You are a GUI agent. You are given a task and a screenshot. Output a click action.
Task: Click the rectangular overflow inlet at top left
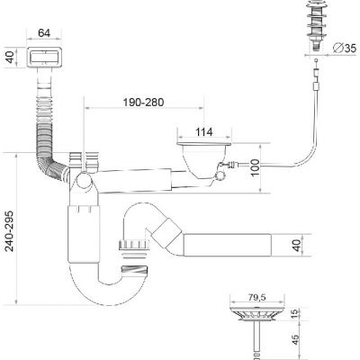(x=43, y=58)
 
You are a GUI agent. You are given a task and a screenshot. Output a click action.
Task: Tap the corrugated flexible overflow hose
(x=44, y=126)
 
